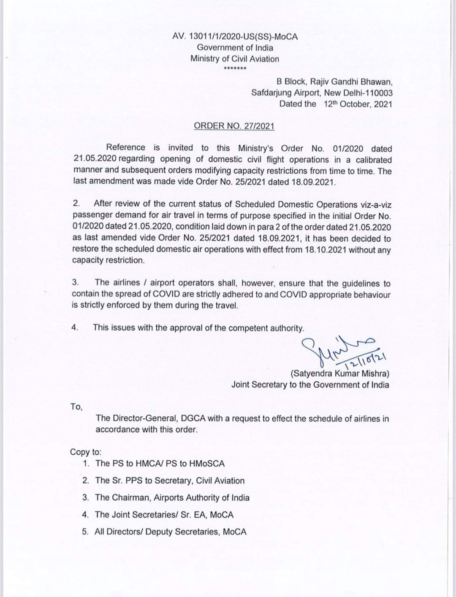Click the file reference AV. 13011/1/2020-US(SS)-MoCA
(235, 37)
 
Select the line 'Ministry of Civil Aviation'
(235, 59)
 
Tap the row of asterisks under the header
(235, 69)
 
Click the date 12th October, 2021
(358, 104)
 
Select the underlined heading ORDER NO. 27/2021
(234, 126)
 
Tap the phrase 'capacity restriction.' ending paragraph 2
(109, 260)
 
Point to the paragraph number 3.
(76, 282)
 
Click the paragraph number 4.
(75, 328)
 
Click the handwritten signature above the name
(334, 350)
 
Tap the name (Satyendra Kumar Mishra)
(340, 374)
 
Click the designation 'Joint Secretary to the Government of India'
(310, 385)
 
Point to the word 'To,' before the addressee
(76, 407)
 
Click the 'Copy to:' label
(86, 452)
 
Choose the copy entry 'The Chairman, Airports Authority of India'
(172, 498)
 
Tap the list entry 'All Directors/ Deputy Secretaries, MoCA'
(171, 532)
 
